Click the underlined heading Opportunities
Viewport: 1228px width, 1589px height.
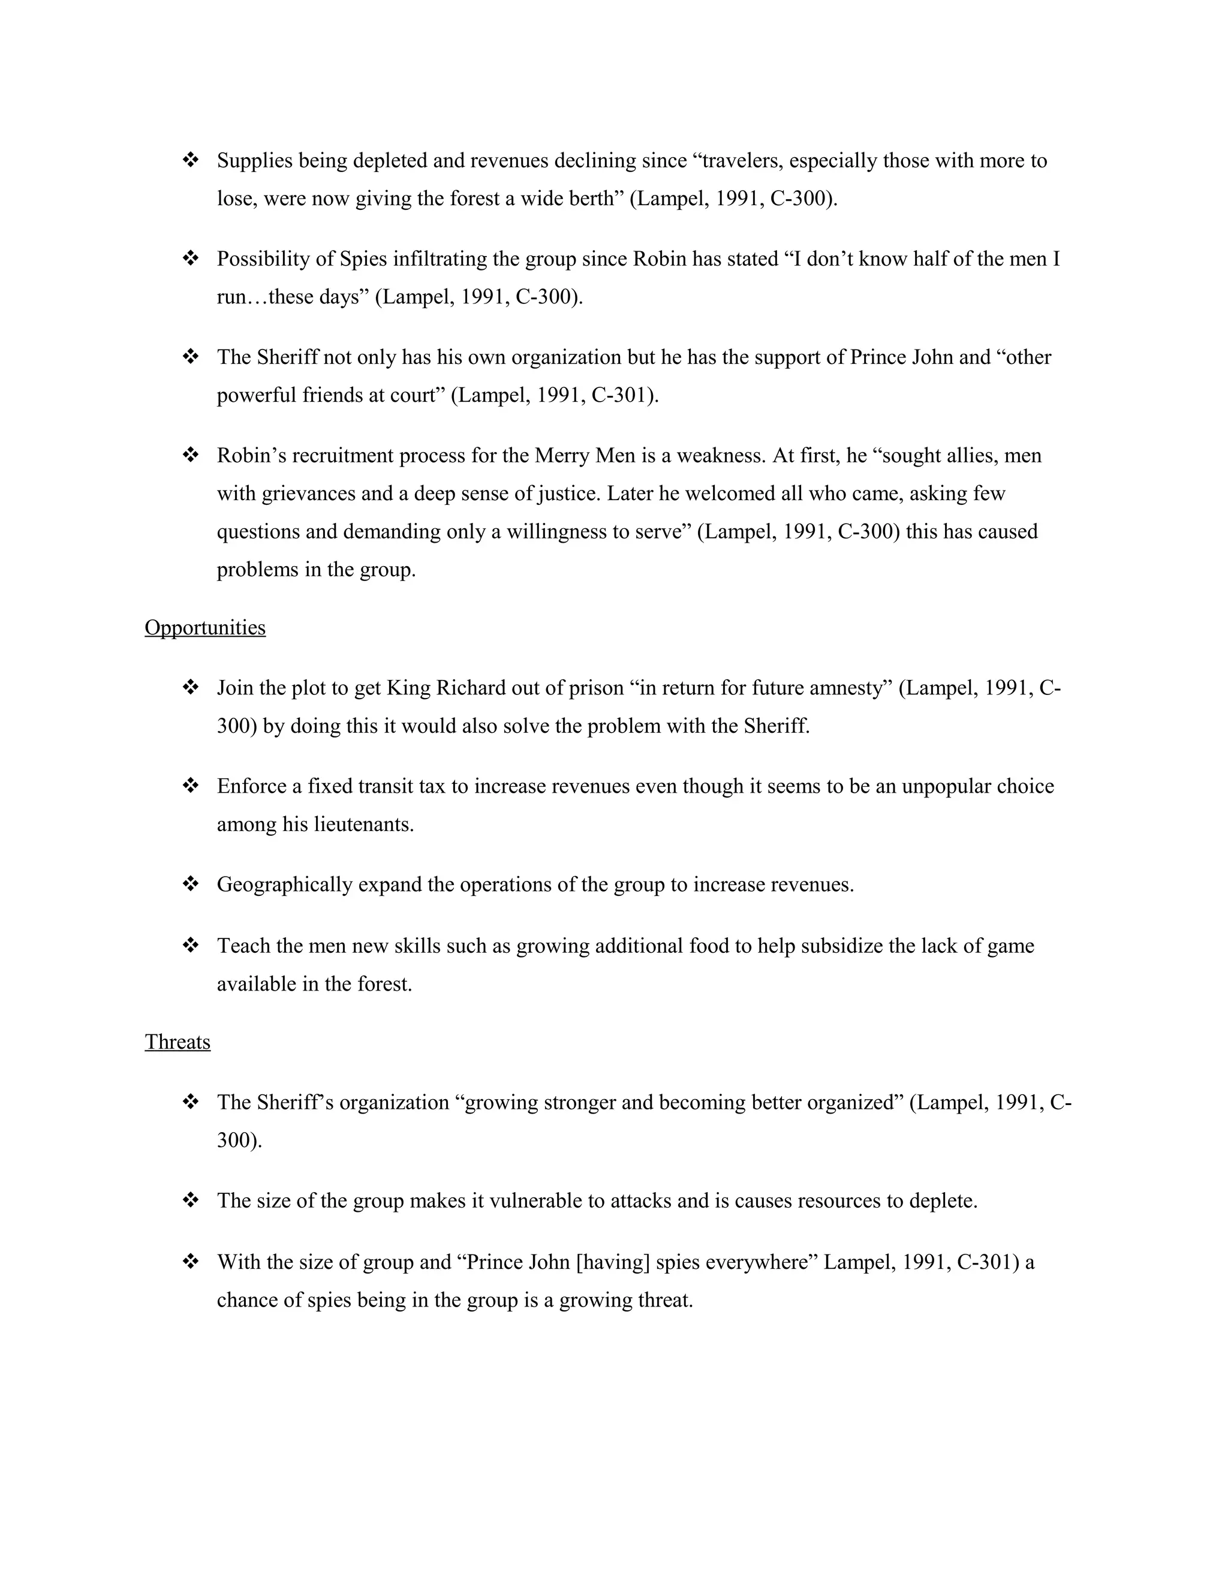tap(205, 627)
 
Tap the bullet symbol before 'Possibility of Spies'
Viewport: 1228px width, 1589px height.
tap(191, 258)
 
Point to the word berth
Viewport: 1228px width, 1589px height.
tap(591, 198)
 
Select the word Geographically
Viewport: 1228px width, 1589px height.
tap(284, 884)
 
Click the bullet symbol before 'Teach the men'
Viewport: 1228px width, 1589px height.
tap(191, 945)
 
